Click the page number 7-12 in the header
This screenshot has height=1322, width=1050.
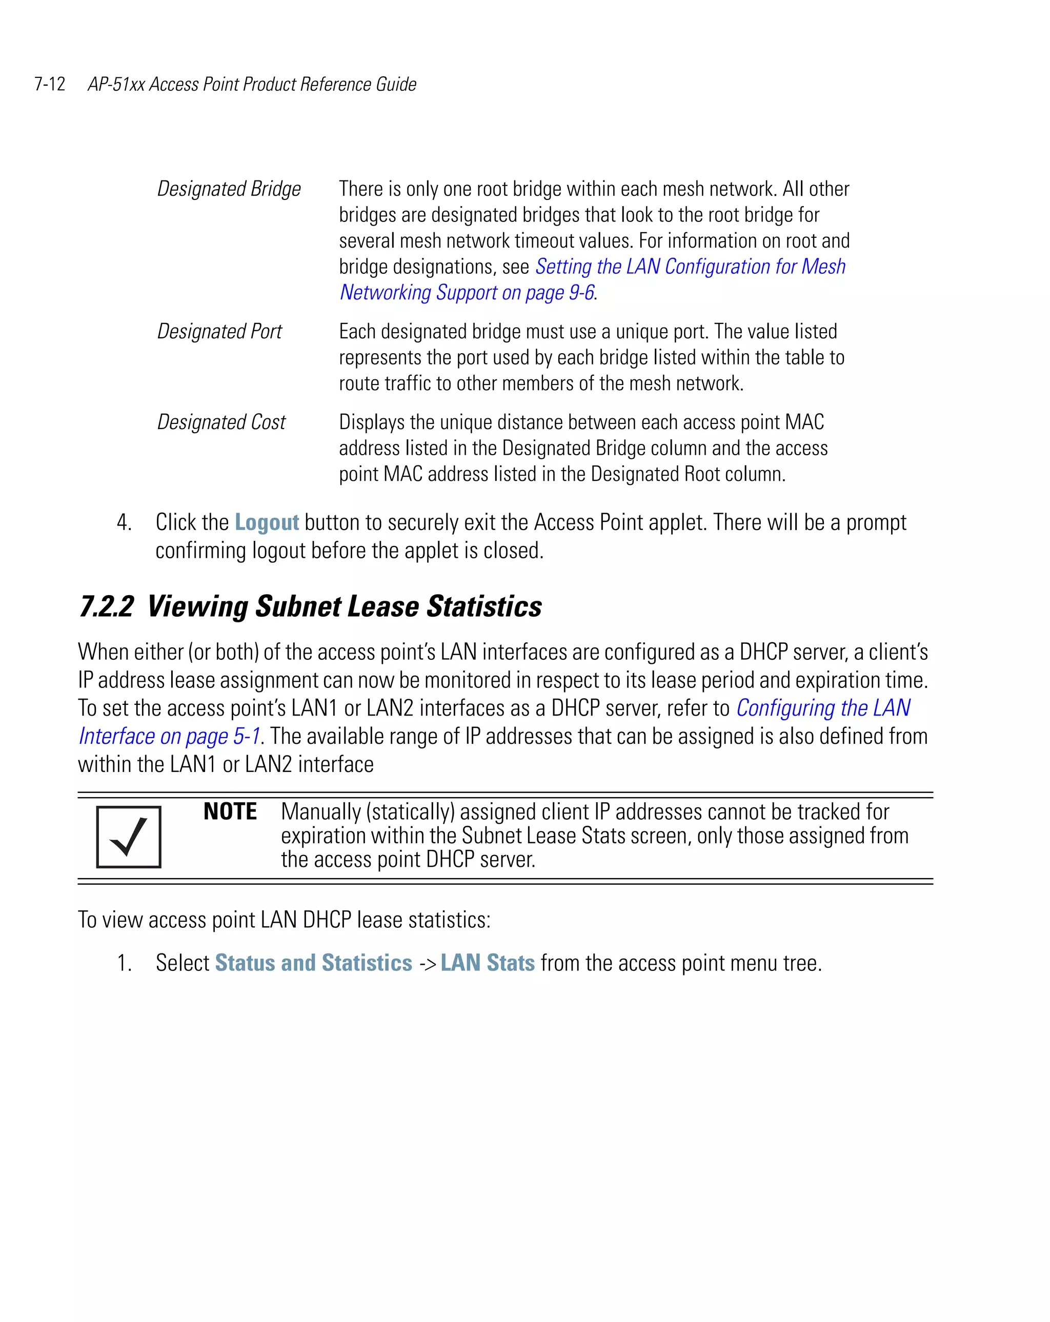tap(50, 84)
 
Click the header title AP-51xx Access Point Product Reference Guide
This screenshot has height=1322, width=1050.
tap(252, 84)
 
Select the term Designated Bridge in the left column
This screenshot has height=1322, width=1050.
tap(229, 189)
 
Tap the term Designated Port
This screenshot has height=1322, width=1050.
tap(219, 331)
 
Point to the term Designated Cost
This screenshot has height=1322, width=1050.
tap(221, 422)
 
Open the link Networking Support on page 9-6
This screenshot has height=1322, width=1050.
tap(467, 293)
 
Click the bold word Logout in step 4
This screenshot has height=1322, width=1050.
tap(266, 522)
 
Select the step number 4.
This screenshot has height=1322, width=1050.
tap(124, 522)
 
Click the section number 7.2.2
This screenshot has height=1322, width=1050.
tap(106, 606)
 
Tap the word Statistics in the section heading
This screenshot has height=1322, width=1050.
tap(484, 606)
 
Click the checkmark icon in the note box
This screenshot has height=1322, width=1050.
tap(129, 837)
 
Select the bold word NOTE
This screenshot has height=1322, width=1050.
tap(230, 812)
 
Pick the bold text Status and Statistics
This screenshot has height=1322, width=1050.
tap(313, 963)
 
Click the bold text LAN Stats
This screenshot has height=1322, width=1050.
tap(488, 963)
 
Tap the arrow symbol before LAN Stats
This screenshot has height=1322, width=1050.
tap(428, 964)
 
